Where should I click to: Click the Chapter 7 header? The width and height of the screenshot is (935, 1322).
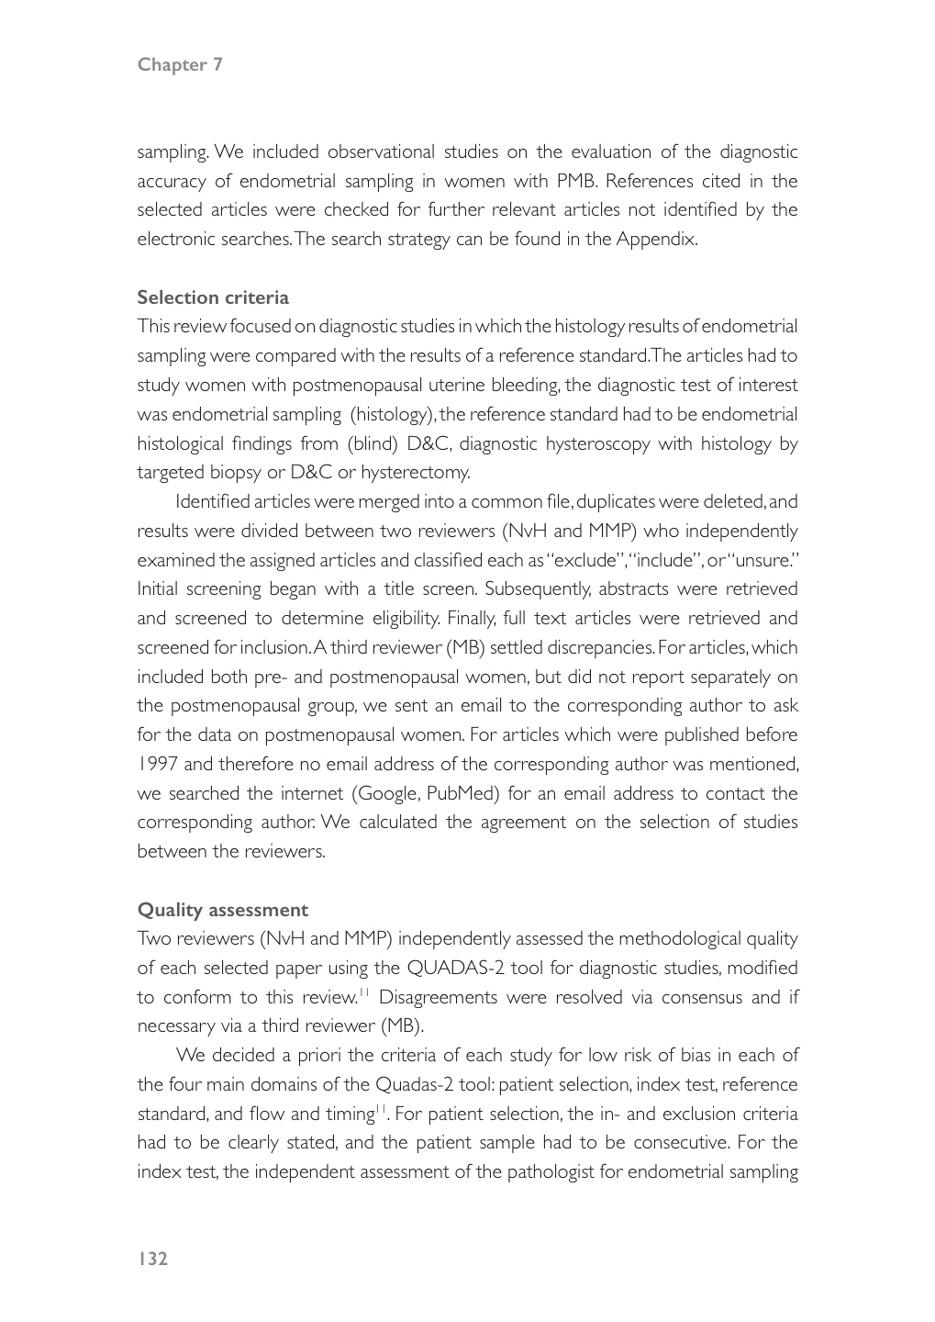coord(180,64)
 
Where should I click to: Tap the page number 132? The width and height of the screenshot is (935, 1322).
coord(153,1259)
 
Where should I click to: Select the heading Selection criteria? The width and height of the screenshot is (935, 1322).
coord(213,297)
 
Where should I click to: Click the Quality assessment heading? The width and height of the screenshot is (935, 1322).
coord(223,910)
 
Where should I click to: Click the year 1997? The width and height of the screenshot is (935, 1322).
coord(156,765)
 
